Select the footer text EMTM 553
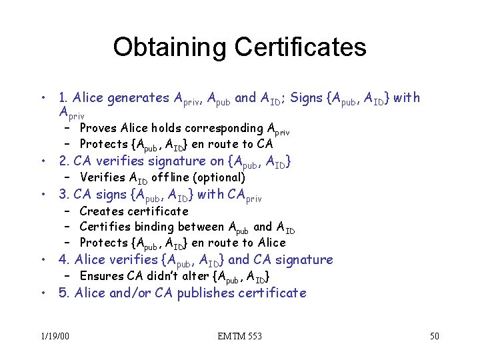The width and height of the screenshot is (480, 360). (239, 336)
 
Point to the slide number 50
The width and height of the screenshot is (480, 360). (434, 336)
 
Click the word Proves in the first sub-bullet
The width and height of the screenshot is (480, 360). (99, 128)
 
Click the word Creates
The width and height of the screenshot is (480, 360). (101, 211)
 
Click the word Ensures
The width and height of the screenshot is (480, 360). (102, 276)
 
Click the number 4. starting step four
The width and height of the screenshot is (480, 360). (65, 260)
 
